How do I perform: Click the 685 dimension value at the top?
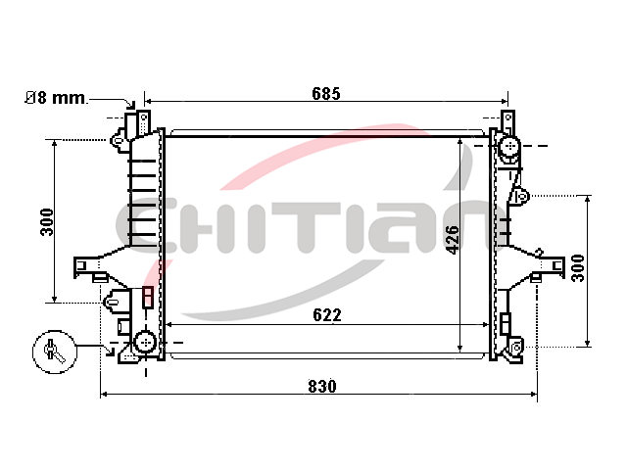pos(326,94)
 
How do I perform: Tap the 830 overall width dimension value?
pos(322,387)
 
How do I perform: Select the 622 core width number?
pos(327,315)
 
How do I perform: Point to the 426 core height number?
pos(453,239)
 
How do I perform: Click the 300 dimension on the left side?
pos(47,222)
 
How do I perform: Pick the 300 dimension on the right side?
pos(578,268)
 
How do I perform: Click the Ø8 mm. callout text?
pos(56,98)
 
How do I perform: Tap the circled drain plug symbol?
pos(55,352)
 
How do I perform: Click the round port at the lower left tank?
pos(145,342)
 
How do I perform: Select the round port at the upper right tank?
pos(508,146)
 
